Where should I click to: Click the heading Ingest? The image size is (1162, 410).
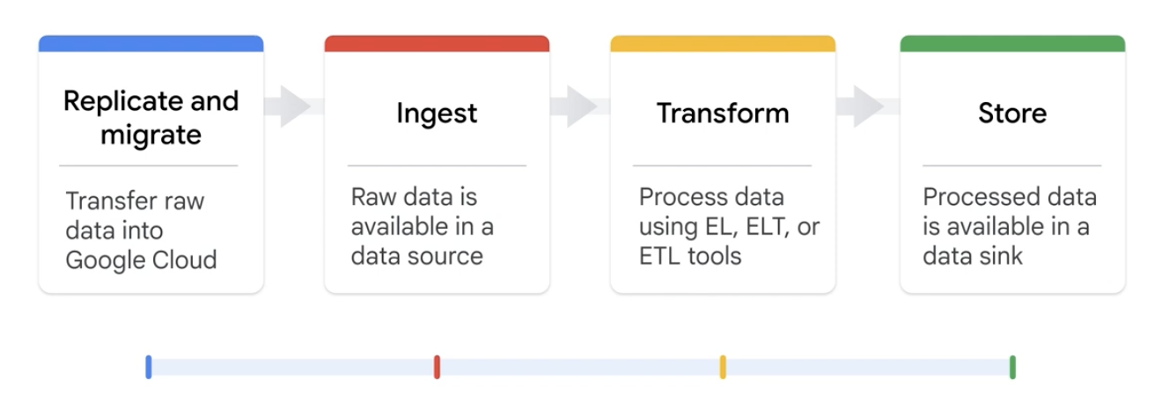pyautogui.click(x=437, y=113)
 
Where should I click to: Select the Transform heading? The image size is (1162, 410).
pyautogui.click(x=722, y=113)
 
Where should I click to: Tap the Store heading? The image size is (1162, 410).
pyautogui.click(x=1012, y=113)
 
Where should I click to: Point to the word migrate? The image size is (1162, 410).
pyautogui.click(x=151, y=135)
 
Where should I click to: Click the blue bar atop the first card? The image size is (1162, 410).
pyautogui.click(x=151, y=43)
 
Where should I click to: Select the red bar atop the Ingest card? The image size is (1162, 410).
pyautogui.click(x=437, y=43)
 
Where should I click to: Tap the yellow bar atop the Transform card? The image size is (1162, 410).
pyautogui.click(x=722, y=43)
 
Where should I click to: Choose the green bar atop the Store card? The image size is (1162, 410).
pyautogui.click(x=1012, y=43)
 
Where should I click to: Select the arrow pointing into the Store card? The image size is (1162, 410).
pyautogui.click(x=866, y=106)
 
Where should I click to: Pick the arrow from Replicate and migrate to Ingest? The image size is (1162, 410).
pyautogui.click(x=294, y=106)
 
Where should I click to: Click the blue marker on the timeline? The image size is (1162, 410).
pyautogui.click(x=149, y=367)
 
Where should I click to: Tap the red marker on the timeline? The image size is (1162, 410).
pyautogui.click(x=437, y=367)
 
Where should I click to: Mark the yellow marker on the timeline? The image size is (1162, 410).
pyautogui.click(x=723, y=367)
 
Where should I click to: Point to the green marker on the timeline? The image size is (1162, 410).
pyautogui.click(x=1012, y=367)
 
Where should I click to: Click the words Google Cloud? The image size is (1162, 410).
pyautogui.click(x=141, y=261)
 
